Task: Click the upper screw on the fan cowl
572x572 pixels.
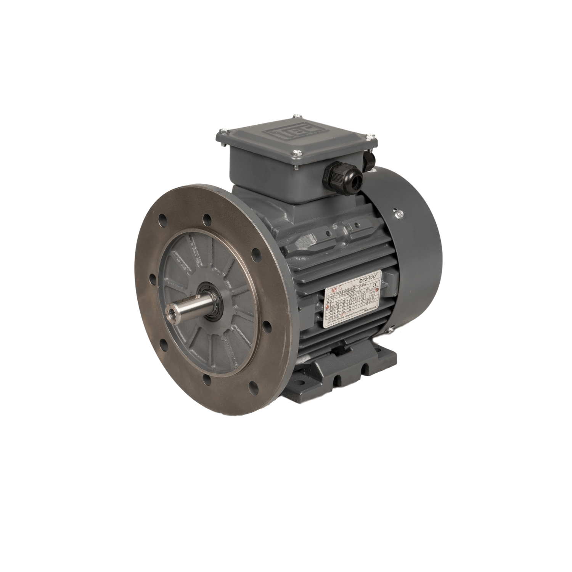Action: click(x=399, y=215)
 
